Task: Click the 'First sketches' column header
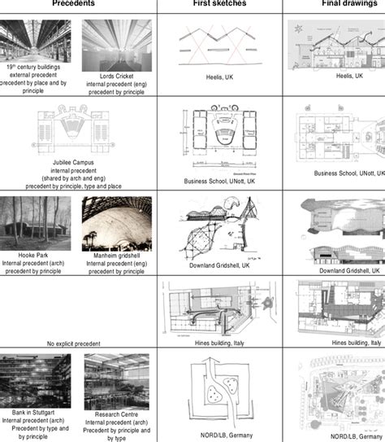219,4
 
